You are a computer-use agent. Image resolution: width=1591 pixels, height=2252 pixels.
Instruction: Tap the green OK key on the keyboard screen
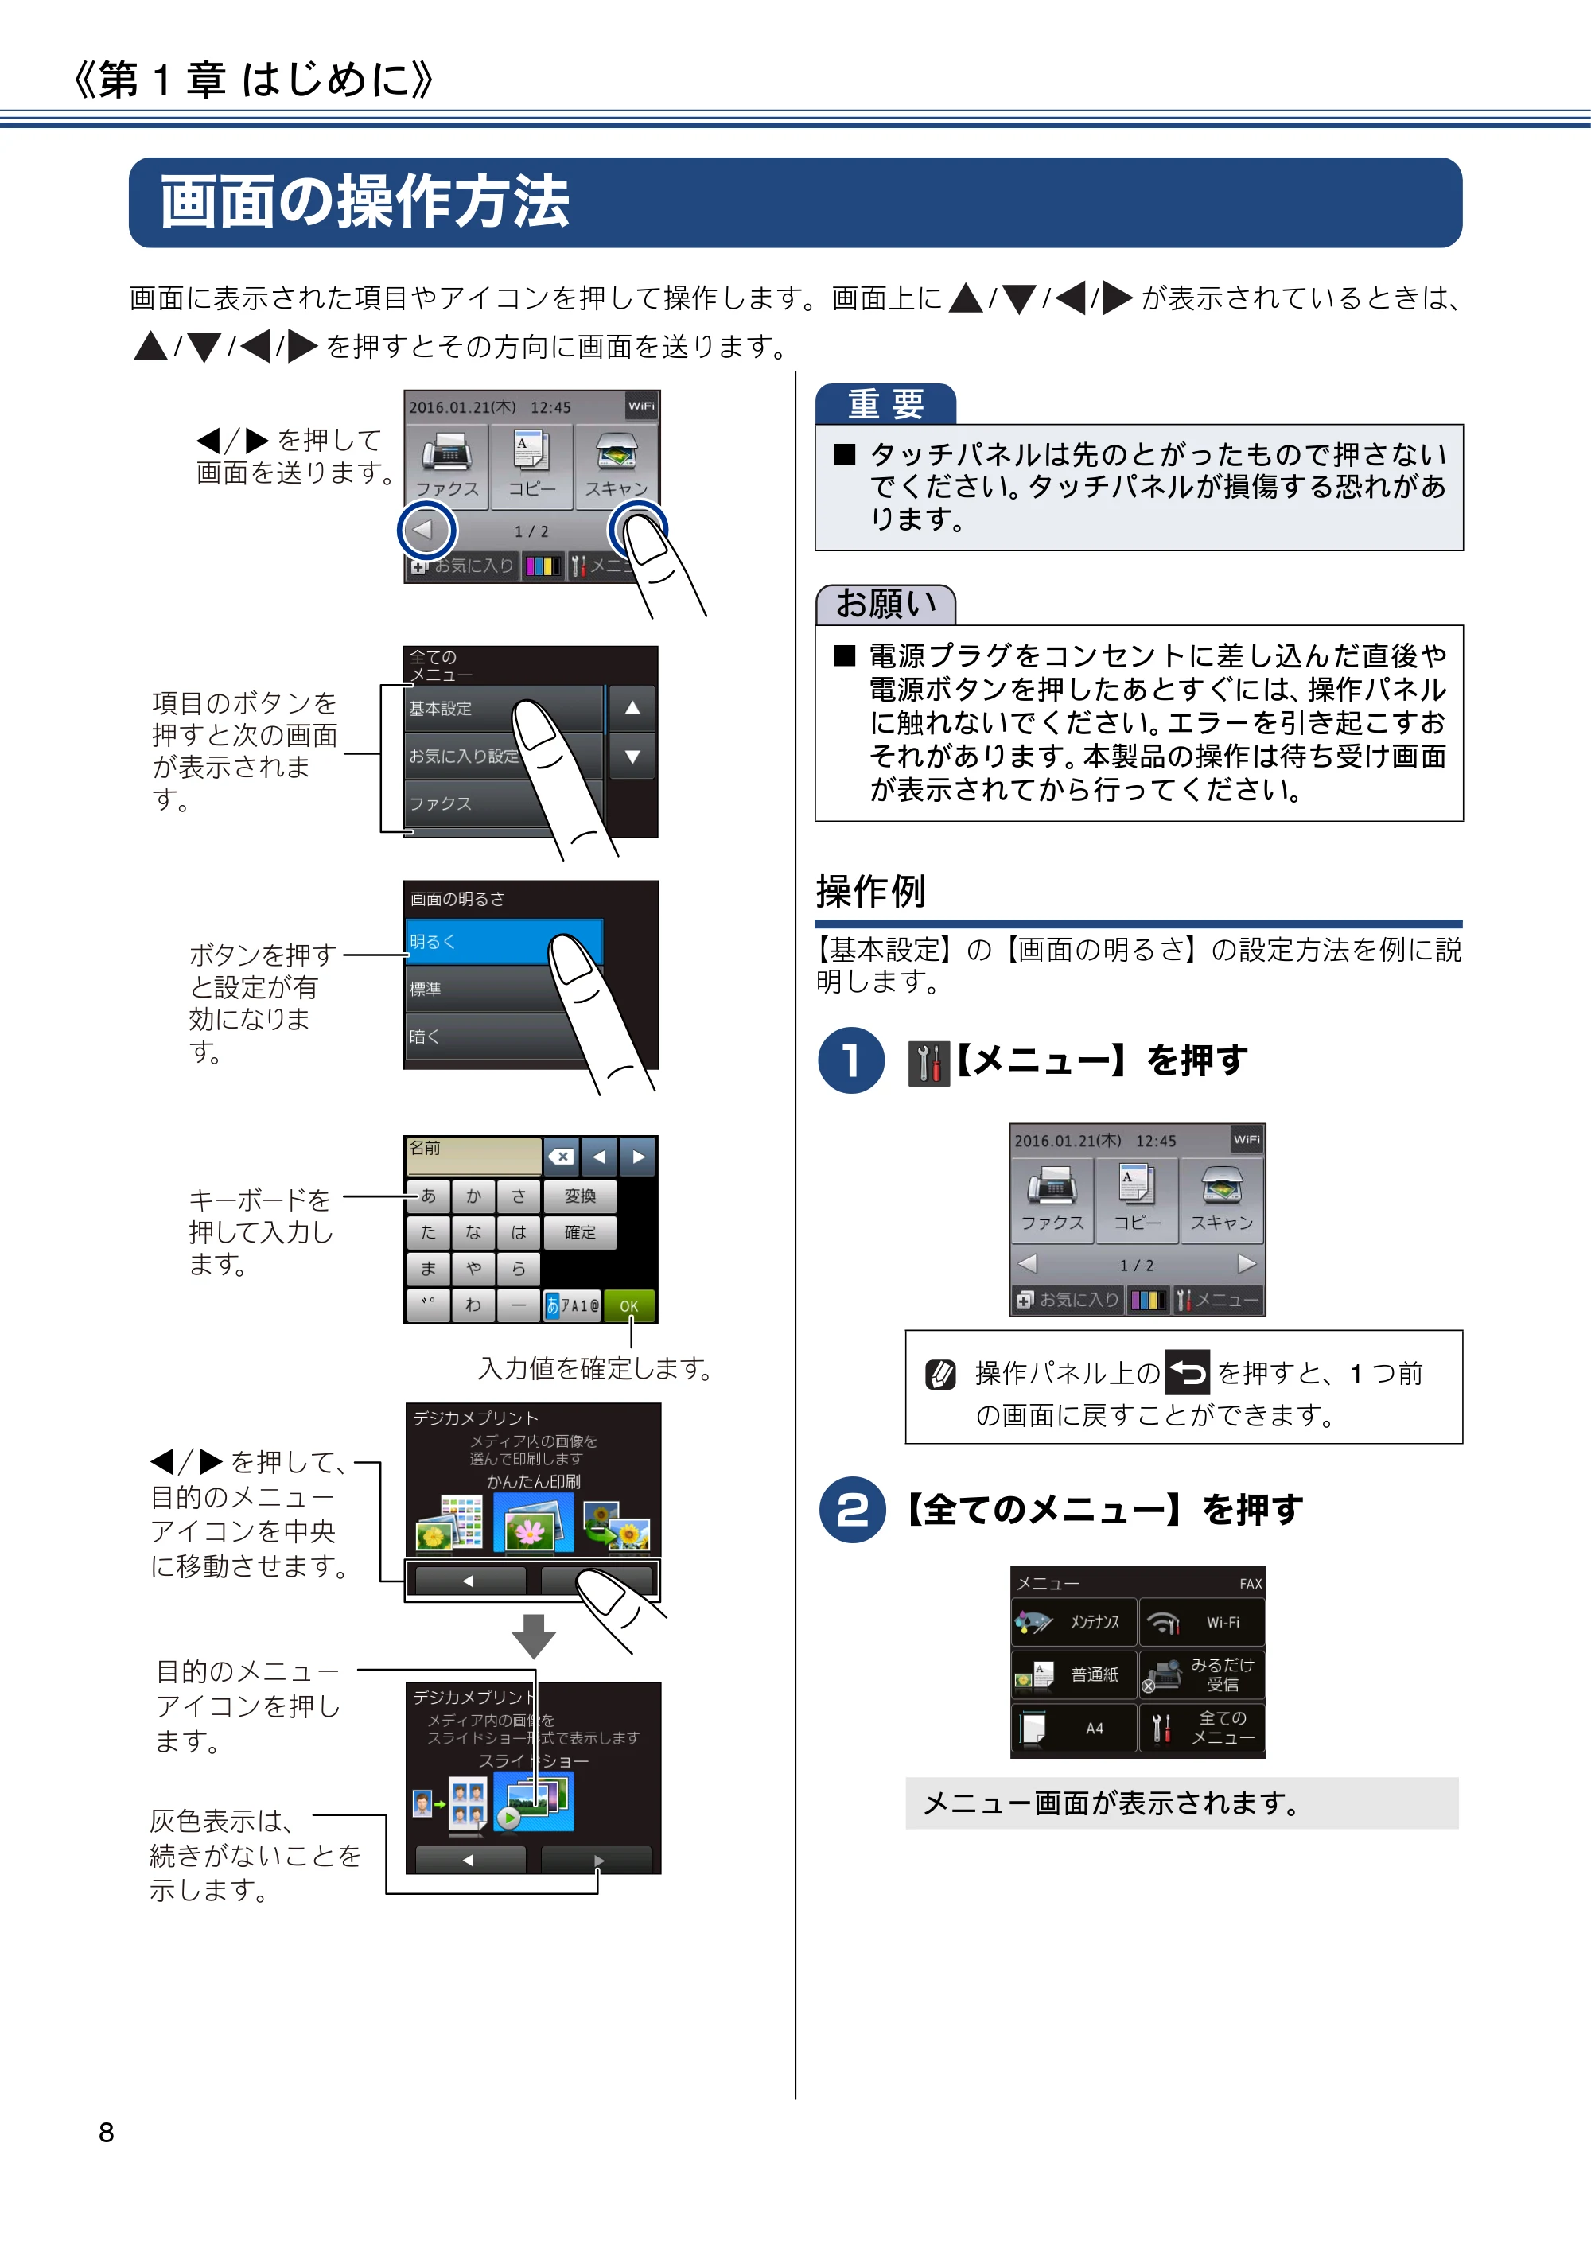(x=628, y=1305)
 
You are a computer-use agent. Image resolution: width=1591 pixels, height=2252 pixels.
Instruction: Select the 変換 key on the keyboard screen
(x=580, y=1196)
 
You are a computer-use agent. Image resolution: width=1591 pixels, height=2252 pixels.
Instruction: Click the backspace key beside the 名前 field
(x=561, y=1157)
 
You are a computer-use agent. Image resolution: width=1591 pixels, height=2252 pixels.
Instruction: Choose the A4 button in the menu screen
(x=1074, y=1729)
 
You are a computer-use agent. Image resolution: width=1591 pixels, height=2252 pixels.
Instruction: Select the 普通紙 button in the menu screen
(x=1074, y=1674)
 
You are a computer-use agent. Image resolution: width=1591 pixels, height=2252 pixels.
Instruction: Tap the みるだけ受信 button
(x=1201, y=1674)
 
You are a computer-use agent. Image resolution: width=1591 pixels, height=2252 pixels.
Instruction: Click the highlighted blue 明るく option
(x=502, y=942)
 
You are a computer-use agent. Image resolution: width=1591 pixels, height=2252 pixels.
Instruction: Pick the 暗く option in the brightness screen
(x=491, y=1036)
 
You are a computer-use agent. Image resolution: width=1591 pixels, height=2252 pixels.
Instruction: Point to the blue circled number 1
(x=851, y=1060)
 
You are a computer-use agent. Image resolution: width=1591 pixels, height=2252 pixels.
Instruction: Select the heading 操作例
(x=871, y=892)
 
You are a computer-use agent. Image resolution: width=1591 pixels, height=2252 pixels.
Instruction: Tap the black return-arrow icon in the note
(x=1187, y=1372)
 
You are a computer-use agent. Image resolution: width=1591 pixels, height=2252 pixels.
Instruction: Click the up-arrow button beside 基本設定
(x=632, y=708)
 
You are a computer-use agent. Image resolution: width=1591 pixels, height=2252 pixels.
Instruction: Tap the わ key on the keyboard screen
(x=474, y=1305)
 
